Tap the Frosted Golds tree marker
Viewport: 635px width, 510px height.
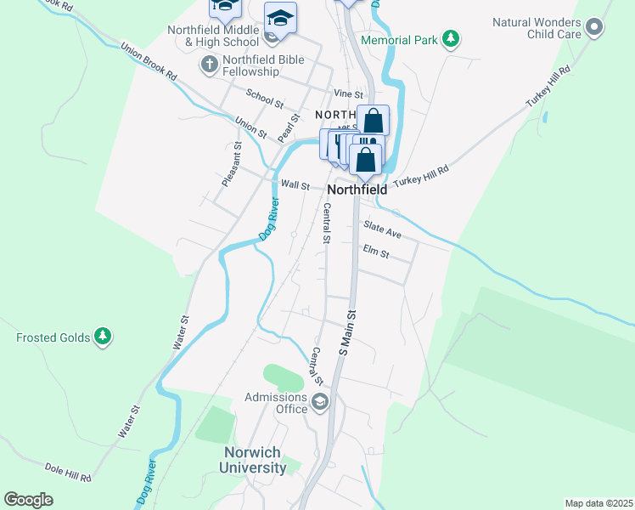(103, 337)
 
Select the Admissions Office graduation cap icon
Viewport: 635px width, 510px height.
(319, 404)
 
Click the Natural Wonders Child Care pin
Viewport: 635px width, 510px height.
(594, 28)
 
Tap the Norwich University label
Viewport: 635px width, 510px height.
(253, 460)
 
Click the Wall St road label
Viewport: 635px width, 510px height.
(295, 184)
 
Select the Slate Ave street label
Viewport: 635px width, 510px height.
(382, 229)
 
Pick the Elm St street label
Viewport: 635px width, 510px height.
(375, 252)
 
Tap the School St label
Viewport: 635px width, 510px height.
(264, 99)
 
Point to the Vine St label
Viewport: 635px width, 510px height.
(348, 93)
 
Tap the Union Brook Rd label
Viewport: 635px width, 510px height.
(148, 61)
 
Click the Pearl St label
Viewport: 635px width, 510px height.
(289, 128)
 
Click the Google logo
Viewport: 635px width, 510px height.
(28, 500)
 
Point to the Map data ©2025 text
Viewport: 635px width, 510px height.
(598, 503)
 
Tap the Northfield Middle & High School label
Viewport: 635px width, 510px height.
(213, 35)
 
